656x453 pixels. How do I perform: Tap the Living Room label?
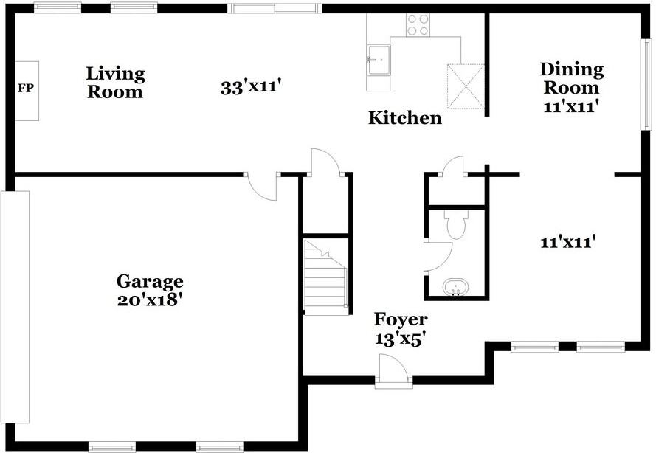tap(115, 83)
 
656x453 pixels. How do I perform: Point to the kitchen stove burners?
tap(418, 24)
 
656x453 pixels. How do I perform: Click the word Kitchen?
tap(405, 117)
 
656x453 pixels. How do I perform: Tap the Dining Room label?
tap(571, 79)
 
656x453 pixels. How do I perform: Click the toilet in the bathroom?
tap(455, 224)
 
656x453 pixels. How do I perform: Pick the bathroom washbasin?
tap(455, 286)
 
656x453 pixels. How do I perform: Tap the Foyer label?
tap(400, 319)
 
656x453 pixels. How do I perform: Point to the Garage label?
tap(150, 281)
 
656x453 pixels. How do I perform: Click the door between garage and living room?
tap(260, 185)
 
